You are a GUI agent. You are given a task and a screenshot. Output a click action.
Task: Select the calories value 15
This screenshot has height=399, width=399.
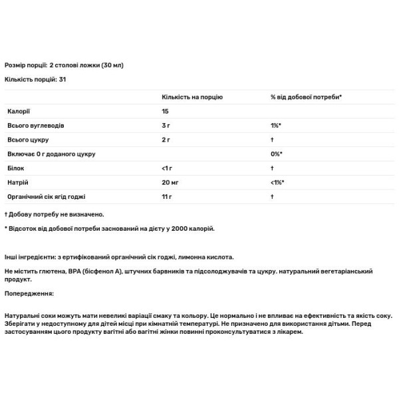pyautogui.click(x=166, y=111)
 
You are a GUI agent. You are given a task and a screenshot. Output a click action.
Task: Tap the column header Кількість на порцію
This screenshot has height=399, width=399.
pyautogui.click(x=192, y=97)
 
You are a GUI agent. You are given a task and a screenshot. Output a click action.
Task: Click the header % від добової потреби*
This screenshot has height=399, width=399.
pyautogui.click(x=306, y=97)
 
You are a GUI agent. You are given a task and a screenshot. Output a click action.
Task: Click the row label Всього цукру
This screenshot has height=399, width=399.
pyautogui.click(x=29, y=140)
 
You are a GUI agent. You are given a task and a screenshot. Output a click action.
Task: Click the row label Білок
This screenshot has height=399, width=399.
pyautogui.click(x=17, y=169)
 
